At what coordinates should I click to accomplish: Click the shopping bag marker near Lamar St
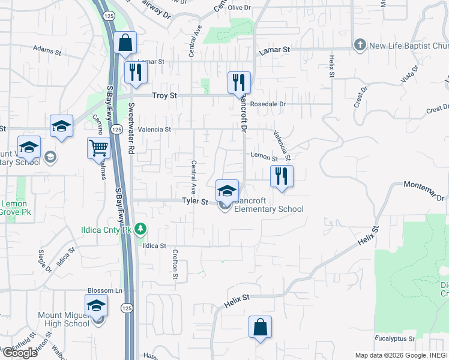[x=125, y=43]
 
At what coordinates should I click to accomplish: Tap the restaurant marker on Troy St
[x=239, y=82]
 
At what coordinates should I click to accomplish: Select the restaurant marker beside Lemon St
[x=282, y=176]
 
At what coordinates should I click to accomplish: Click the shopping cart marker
[x=98, y=147]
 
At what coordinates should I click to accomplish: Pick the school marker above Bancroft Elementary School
[x=227, y=191]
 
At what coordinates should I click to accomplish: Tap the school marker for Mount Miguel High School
[x=96, y=305]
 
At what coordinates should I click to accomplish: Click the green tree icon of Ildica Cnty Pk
[x=140, y=228]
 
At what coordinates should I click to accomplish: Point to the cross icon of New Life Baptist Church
[x=360, y=45]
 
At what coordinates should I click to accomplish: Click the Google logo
[x=19, y=353]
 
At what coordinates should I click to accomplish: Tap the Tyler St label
[x=194, y=202]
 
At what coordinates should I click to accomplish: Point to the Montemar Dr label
[x=424, y=190]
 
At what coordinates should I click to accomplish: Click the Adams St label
[x=48, y=50]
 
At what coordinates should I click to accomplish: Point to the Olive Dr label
[x=238, y=7]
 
